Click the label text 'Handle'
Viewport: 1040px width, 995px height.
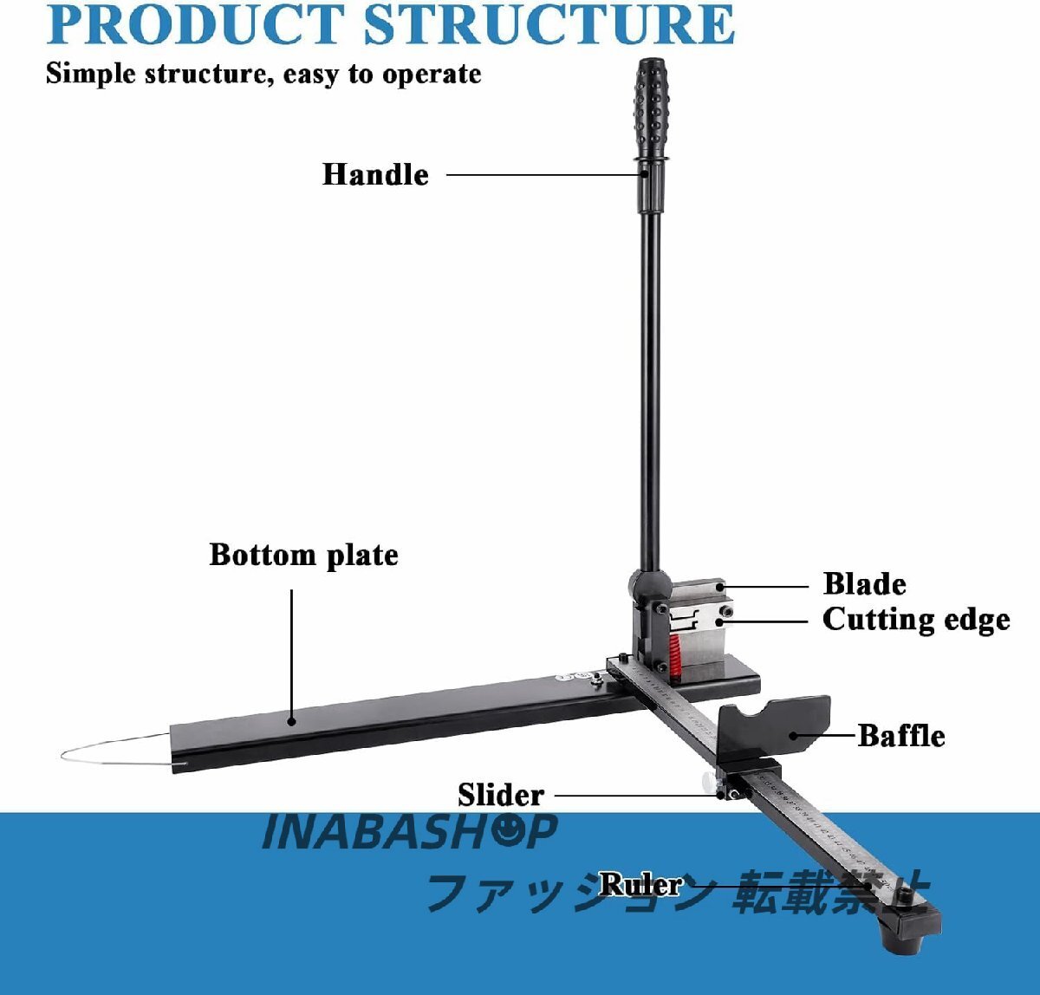pyautogui.click(x=375, y=174)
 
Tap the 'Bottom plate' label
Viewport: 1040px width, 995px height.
pyautogui.click(x=303, y=555)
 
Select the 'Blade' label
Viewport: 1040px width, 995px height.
pyautogui.click(x=864, y=584)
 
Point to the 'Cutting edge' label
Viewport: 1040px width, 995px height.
pyautogui.click(x=915, y=620)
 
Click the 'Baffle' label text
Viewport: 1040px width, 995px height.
pyautogui.click(x=901, y=735)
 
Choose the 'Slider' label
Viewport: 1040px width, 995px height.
pyautogui.click(x=500, y=795)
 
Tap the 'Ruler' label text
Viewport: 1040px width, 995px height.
pyautogui.click(x=640, y=884)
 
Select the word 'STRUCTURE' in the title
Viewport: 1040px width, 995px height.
pyautogui.click(x=549, y=26)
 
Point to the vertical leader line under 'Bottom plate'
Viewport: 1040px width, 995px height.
pyautogui.click(x=291, y=650)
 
